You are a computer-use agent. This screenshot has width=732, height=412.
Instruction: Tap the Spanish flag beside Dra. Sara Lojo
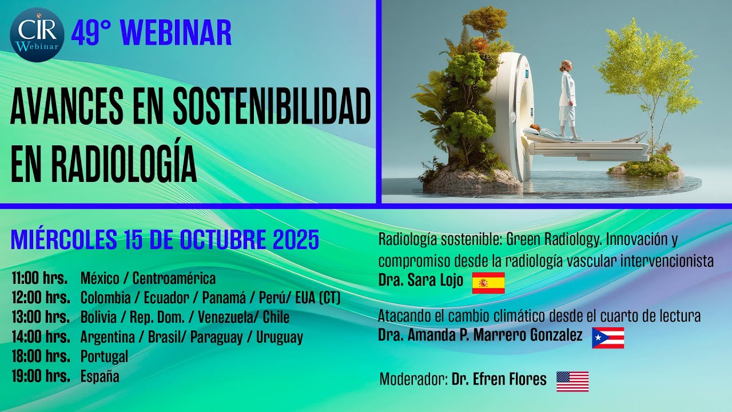[x=488, y=283]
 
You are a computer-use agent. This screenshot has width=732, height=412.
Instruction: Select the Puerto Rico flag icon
[x=607, y=338]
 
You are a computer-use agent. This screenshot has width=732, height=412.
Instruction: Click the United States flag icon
[x=572, y=381]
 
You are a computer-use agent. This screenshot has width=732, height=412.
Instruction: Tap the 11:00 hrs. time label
[x=39, y=279]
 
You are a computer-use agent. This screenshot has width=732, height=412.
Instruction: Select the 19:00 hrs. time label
[x=41, y=377]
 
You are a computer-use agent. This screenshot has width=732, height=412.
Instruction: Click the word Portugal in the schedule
[x=104, y=356]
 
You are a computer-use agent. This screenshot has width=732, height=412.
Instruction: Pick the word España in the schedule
[x=100, y=377]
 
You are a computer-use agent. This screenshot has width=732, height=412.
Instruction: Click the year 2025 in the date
[x=295, y=240]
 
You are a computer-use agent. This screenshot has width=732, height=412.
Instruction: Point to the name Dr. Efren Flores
[x=499, y=379]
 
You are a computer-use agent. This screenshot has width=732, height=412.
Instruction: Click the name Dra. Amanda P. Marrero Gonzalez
[x=480, y=335]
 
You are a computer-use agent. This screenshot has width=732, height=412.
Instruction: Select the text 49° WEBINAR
[x=152, y=33]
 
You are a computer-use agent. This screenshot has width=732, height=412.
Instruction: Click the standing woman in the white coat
[x=567, y=97]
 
